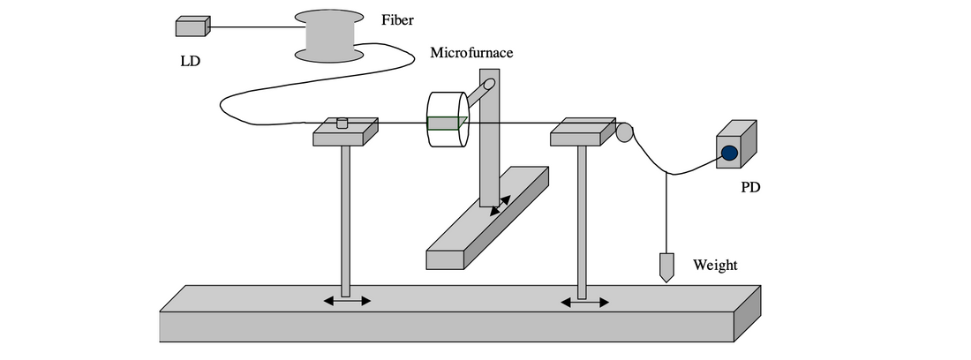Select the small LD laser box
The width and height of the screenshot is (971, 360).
(192, 27)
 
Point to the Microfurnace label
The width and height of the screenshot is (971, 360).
(471, 53)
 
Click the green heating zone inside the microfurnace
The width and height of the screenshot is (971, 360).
(447, 123)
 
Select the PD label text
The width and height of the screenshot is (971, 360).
(750, 188)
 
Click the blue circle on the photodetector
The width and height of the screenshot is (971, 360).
(729, 153)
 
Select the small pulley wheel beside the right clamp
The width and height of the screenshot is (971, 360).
(624, 132)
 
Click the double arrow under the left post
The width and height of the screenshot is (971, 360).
(347, 301)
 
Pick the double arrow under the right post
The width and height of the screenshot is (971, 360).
(585, 302)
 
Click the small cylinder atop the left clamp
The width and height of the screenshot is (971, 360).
(344, 124)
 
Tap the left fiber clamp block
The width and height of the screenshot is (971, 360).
(345, 134)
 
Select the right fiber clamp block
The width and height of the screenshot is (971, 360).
(582, 132)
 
